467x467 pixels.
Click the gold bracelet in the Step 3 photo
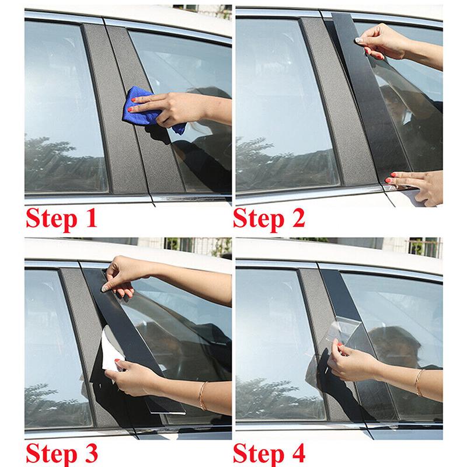[203, 395]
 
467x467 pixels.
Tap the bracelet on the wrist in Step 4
[418, 382]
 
